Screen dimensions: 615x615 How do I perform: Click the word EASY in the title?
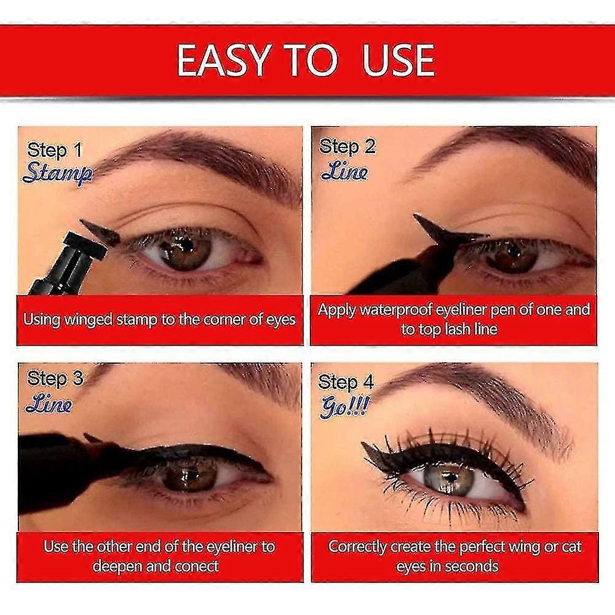pyautogui.click(x=223, y=60)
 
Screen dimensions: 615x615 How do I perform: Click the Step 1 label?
pyautogui.click(x=54, y=150)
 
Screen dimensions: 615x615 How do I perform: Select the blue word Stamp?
pyautogui.click(x=57, y=173)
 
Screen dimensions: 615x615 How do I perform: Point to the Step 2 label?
pyautogui.click(x=347, y=147)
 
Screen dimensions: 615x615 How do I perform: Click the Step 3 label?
pyautogui.click(x=55, y=379)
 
